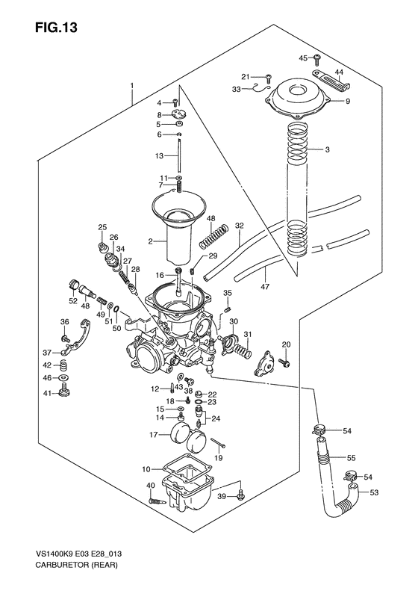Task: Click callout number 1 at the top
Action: (132, 87)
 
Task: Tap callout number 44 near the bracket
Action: (339, 73)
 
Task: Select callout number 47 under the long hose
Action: (263, 285)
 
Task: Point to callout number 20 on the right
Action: (285, 343)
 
